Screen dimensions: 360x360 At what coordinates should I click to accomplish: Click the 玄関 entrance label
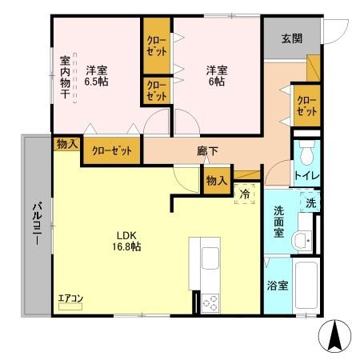[x=292, y=38]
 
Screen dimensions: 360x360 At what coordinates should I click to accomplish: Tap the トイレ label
[x=305, y=175]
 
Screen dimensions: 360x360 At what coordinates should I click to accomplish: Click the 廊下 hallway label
[x=208, y=150]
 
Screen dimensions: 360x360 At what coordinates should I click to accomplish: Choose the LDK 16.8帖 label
[x=128, y=241]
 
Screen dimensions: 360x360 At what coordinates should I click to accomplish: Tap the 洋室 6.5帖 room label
[x=97, y=74]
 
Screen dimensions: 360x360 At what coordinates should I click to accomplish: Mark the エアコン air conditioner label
[x=70, y=300]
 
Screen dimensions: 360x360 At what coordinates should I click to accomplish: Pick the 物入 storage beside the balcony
[x=66, y=144]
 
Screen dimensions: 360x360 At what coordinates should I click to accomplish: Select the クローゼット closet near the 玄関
[x=305, y=104]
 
